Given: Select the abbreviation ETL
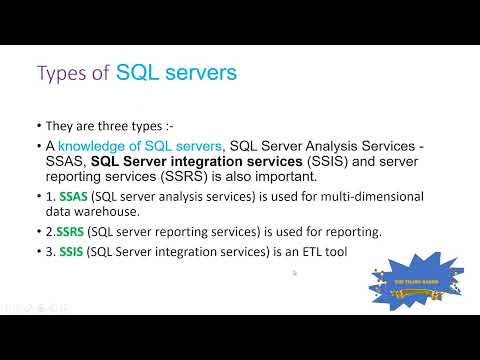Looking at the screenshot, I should pyautogui.click(x=308, y=252).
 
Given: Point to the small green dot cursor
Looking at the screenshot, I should pyautogui.click(x=294, y=272).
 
